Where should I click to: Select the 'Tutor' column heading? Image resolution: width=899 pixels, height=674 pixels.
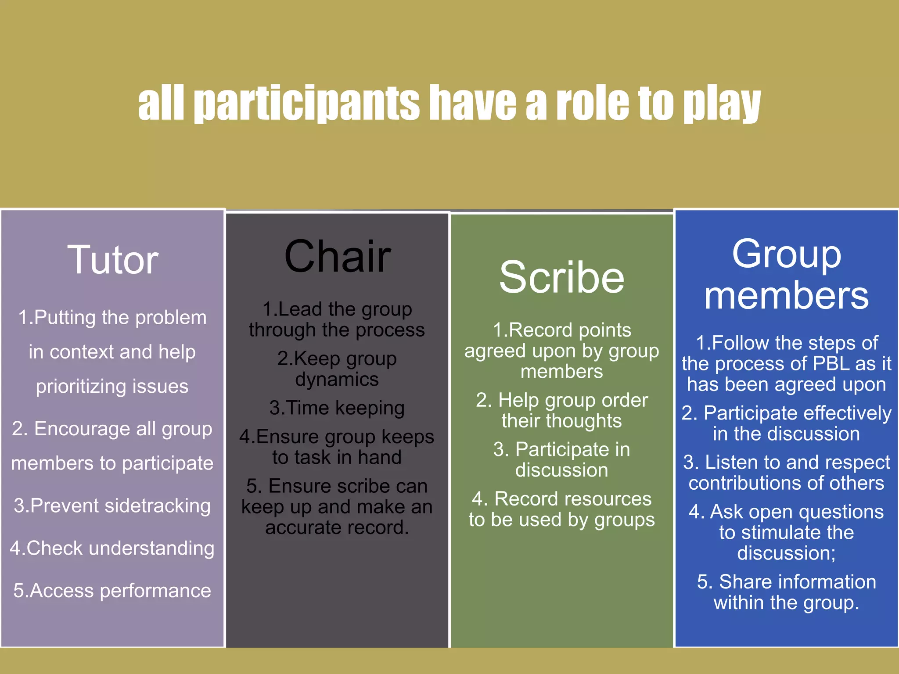(x=112, y=260)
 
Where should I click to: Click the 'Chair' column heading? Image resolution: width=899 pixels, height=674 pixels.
(x=337, y=256)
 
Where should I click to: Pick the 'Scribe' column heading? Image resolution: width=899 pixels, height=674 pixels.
(x=561, y=277)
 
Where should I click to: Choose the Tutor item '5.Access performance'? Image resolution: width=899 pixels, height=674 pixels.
(x=112, y=591)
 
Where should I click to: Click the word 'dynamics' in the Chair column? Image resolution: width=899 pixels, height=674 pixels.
(x=337, y=379)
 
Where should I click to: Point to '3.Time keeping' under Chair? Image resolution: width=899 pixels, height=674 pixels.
(x=337, y=408)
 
